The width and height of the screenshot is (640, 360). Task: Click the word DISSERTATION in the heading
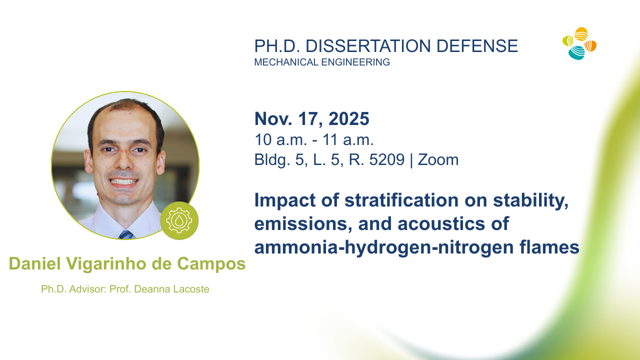tap(368, 46)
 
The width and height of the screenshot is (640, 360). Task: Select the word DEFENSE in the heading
tap(477, 46)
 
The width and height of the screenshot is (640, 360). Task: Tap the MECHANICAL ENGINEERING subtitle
tap(322, 62)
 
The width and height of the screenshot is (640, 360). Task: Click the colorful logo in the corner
tap(579, 43)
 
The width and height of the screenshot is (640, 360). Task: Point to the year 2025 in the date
tap(349, 118)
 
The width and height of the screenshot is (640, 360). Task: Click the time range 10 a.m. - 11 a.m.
tap(314, 139)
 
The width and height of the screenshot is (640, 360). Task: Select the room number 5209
tap(387, 159)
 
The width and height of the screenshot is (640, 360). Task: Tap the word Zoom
tap(438, 159)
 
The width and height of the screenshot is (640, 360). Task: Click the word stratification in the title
tap(401, 200)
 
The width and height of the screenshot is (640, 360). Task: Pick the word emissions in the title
tap(303, 223)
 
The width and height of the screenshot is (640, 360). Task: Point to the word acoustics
tap(441, 223)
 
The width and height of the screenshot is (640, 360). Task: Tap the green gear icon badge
tap(179, 220)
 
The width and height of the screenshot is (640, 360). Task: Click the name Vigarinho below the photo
tap(106, 263)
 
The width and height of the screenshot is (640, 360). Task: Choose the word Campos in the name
tap(211, 263)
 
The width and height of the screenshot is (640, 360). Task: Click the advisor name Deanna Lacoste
tap(171, 289)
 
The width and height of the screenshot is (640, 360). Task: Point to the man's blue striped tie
tap(126, 234)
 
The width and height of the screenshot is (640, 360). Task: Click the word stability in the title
tap(531, 200)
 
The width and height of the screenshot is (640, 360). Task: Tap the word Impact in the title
tap(285, 200)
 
